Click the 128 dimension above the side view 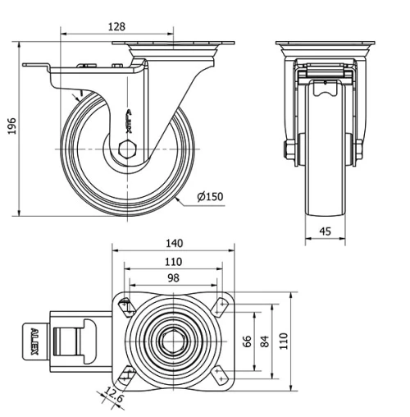click(117, 26)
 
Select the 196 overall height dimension click(12, 128)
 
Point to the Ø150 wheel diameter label click(210, 195)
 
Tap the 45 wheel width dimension click(326, 232)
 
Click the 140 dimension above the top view click(173, 243)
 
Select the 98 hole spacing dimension click(173, 279)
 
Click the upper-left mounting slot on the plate click(125, 306)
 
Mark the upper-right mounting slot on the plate click(219, 306)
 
